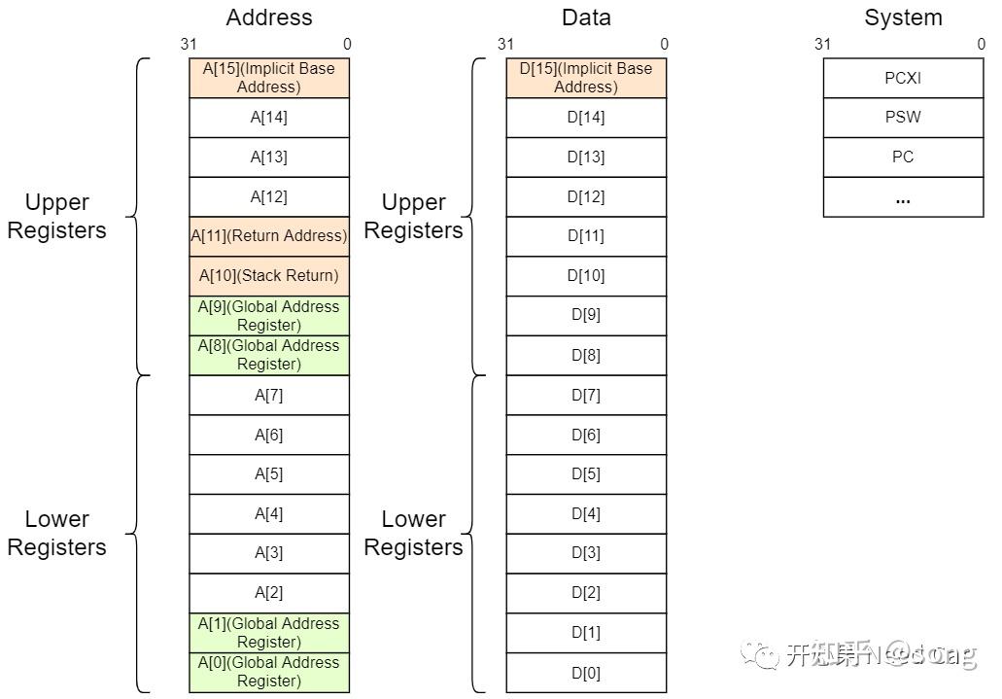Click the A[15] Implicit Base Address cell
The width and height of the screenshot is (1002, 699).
point(268,78)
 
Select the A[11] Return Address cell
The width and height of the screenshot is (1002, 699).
point(268,236)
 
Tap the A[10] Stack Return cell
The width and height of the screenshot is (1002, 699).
point(268,276)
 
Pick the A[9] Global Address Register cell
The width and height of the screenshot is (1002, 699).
point(268,316)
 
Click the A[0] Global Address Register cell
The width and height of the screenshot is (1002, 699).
point(268,672)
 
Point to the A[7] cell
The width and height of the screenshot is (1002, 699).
point(268,396)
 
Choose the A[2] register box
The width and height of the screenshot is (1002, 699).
point(268,593)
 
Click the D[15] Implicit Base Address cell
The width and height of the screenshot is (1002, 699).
point(586,78)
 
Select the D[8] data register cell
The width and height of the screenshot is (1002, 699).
point(586,356)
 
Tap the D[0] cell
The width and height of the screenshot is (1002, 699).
point(586,673)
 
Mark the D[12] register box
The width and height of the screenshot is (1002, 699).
point(586,197)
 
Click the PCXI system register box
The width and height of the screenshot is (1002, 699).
point(903,79)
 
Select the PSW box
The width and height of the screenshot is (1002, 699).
point(903,118)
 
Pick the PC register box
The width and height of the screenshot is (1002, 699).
point(903,157)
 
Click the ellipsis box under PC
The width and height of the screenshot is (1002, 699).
point(903,197)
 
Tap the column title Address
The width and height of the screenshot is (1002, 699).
point(269,17)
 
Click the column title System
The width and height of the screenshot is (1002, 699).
point(903,17)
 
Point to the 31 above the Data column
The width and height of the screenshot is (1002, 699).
point(505,44)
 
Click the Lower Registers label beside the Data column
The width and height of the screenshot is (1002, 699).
point(413,533)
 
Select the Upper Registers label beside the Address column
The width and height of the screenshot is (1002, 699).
point(56,216)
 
